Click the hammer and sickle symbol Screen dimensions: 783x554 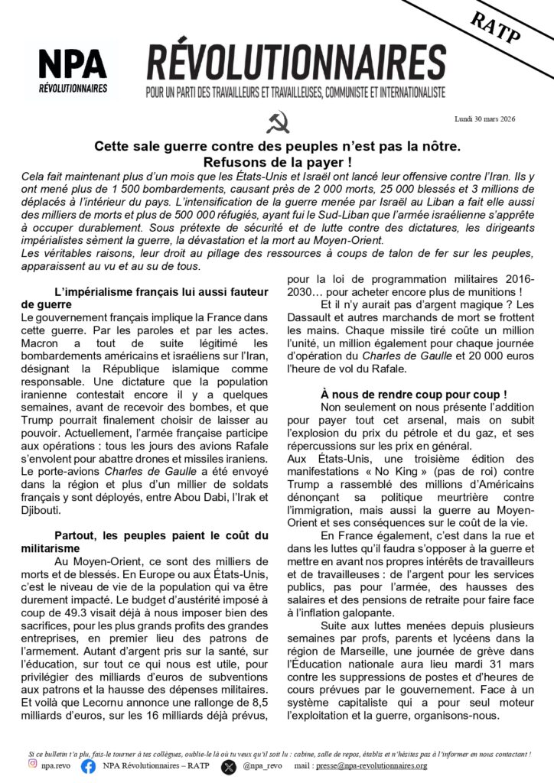[x=276, y=122]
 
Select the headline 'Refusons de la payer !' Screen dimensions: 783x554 [x=276, y=161]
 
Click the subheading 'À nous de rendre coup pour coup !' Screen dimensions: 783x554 [x=414, y=394]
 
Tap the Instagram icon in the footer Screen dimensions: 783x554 [x=32, y=765]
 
